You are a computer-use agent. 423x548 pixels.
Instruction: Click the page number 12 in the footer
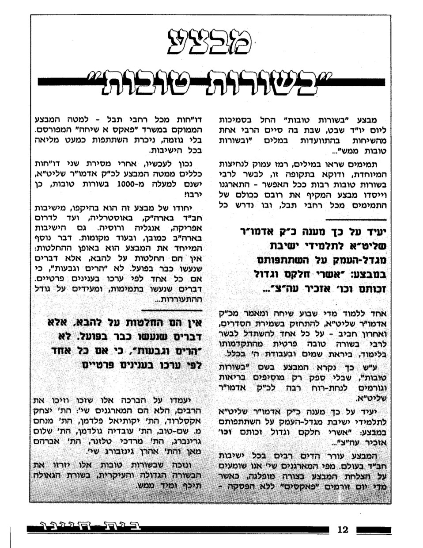(x=343, y=529)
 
